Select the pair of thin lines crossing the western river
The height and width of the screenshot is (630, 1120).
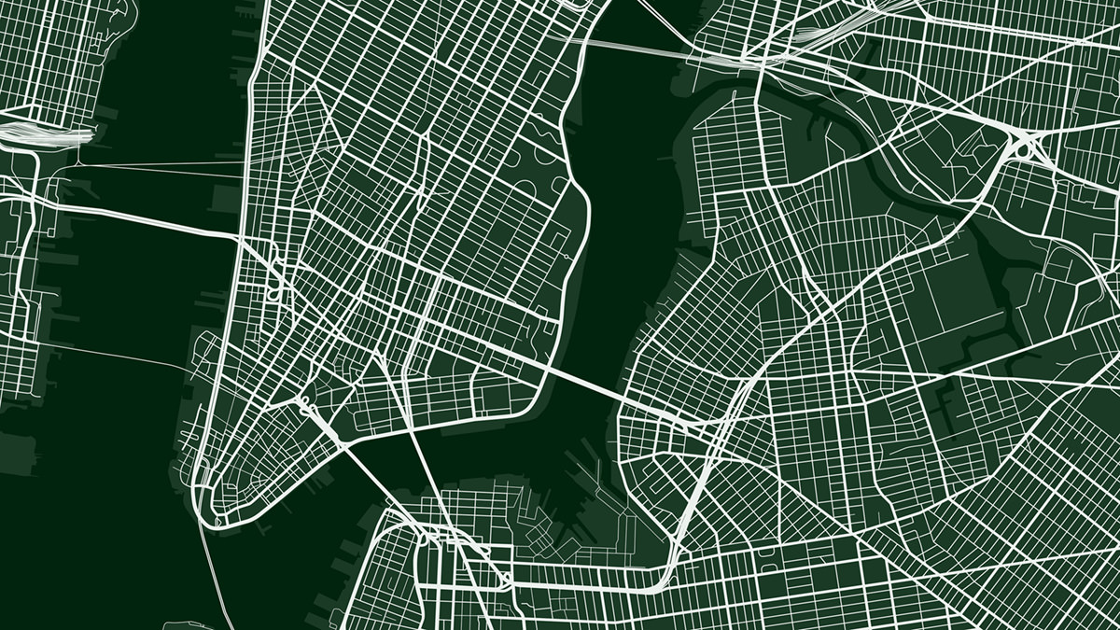coord(149,168)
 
